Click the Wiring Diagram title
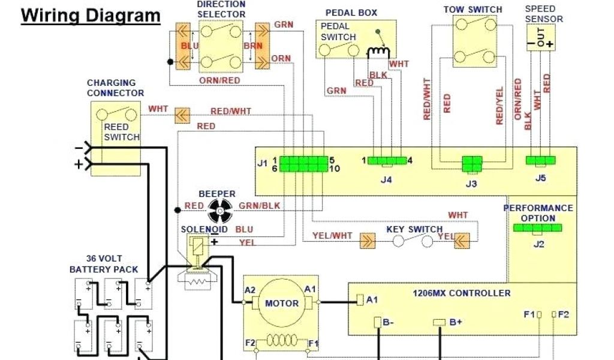click(x=91, y=15)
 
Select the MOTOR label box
click(x=281, y=303)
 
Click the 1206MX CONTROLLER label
click(x=462, y=293)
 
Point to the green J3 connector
click(x=471, y=163)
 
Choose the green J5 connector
click(x=540, y=160)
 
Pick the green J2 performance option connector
click(x=538, y=228)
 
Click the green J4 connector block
click(x=387, y=160)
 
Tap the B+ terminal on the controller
click(x=439, y=323)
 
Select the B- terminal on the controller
click(x=378, y=323)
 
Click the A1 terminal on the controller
click(x=360, y=299)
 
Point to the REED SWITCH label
click(x=122, y=132)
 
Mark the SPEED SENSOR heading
click(x=544, y=14)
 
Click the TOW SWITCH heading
click(x=472, y=10)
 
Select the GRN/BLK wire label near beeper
click(x=259, y=206)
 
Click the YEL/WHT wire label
click(x=332, y=236)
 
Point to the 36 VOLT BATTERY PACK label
click(x=104, y=265)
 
